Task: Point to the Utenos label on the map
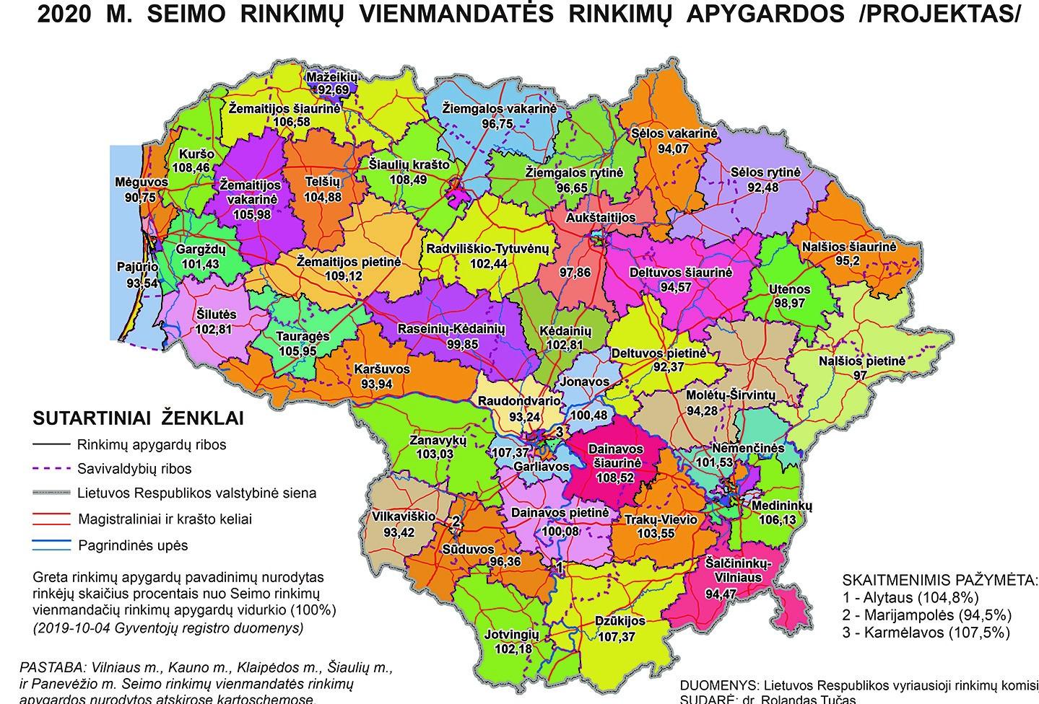pyautogui.click(x=789, y=289)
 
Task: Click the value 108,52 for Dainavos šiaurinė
pyautogui.click(x=616, y=477)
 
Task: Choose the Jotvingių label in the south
pyautogui.click(x=511, y=634)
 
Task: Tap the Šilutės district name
pyautogui.click(x=216, y=315)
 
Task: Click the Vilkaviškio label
pyautogui.click(x=404, y=516)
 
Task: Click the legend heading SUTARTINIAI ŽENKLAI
pyautogui.click(x=139, y=418)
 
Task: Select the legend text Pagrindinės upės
pyautogui.click(x=132, y=545)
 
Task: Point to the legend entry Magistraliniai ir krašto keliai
pyautogui.click(x=165, y=519)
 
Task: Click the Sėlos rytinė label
pyautogui.click(x=765, y=173)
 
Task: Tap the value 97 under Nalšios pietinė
pyautogui.click(x=859, y=376)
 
